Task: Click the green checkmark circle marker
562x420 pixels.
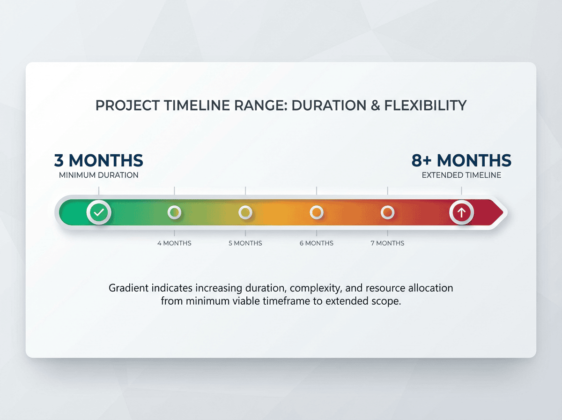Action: [x=99, y=212]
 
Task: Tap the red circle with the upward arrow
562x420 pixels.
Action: [x=461, y=212]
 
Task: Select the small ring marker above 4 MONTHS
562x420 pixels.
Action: [x=174, y=212]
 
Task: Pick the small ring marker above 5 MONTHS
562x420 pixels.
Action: [x=245, y=212]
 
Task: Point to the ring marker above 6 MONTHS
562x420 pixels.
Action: [x=317, y=212]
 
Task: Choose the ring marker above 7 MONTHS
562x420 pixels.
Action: [x=388, y=212]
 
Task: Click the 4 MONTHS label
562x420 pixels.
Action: [x=174, y=243]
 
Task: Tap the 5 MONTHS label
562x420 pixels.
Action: [x=245, y=243]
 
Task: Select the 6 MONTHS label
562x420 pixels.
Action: [x=317, y=243]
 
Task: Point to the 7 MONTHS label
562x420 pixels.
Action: [x=387, y=243]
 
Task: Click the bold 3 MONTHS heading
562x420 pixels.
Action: [x=98, y=160]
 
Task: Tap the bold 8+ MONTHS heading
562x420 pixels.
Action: [x=461, y=160]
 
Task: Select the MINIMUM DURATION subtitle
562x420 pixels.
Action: [x=98, y=175]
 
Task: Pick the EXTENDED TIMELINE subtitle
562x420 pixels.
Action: [x=461, y=175]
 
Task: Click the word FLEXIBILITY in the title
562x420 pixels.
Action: [x=425, y=105]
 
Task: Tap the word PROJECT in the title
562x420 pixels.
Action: [x=127, y=105]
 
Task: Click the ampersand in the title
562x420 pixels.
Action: [x=375, y=105]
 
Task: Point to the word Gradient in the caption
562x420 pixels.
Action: [x=129, y=288]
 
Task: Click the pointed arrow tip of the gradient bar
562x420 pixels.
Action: [x=503, y=212]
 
